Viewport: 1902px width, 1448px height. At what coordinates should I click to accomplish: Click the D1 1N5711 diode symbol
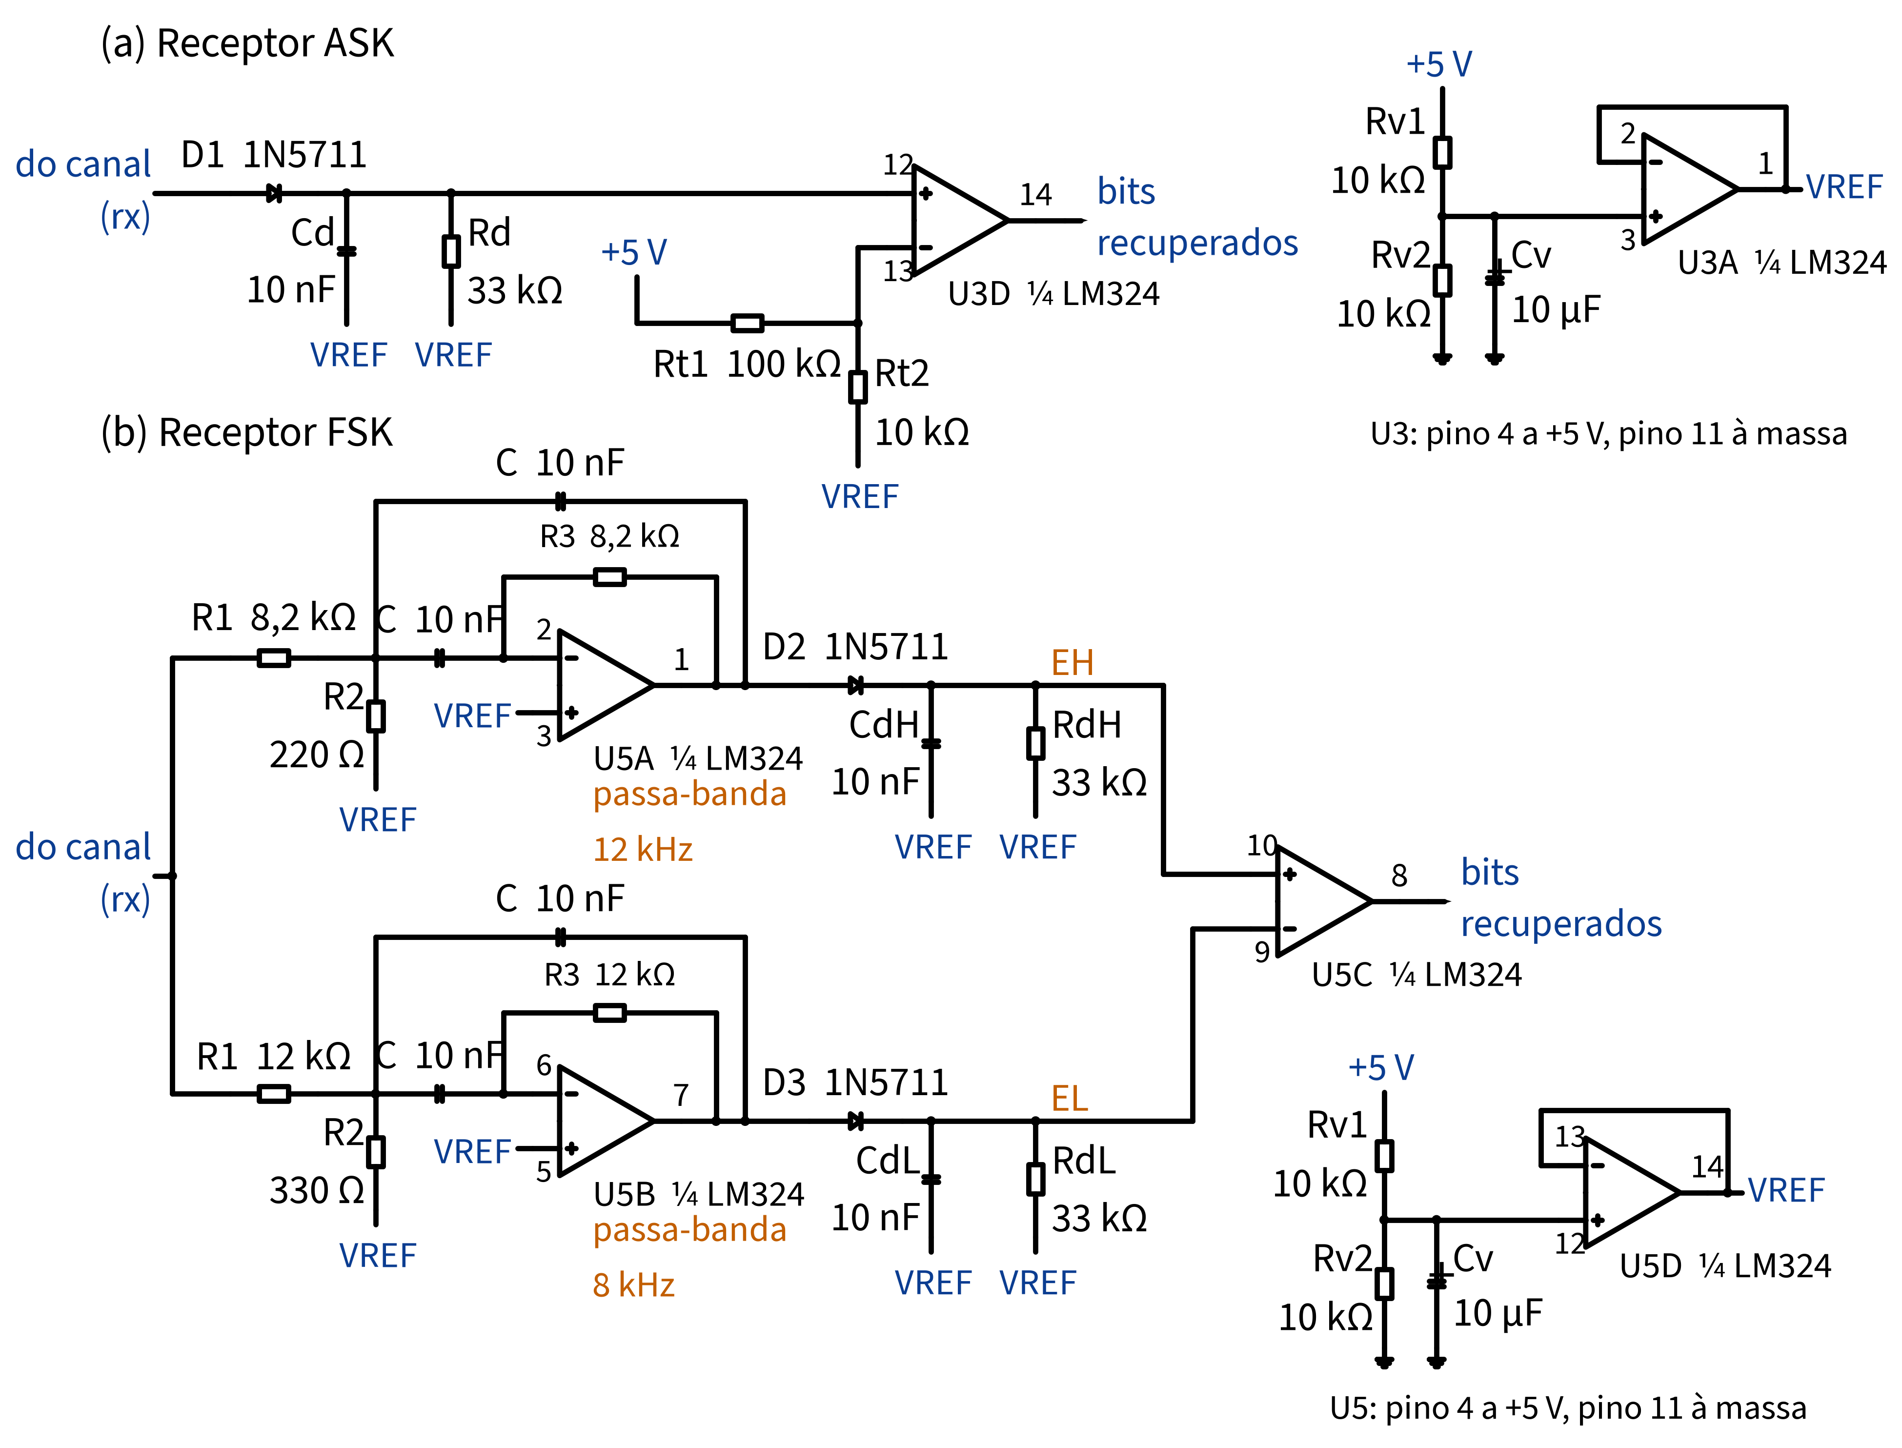(274, 193)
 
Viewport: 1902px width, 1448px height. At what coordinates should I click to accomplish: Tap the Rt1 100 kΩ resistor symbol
(747, 323)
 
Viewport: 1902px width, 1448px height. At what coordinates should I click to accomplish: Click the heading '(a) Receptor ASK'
(247, 43)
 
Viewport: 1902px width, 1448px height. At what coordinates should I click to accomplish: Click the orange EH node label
(1072, 663)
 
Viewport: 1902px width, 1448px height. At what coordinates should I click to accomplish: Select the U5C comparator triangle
(1323, 901)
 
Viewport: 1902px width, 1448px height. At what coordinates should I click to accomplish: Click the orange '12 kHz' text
(643, 850)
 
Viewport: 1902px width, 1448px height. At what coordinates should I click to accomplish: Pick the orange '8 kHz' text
(633, 1285)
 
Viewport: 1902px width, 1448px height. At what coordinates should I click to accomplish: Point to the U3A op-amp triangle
(1689, 189)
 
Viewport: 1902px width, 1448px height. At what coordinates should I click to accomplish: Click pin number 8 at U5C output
(1399, 876)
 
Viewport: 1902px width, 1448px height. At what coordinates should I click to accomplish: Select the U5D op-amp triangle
(1631, 1193)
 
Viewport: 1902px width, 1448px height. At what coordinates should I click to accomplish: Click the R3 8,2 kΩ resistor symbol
(609, 577)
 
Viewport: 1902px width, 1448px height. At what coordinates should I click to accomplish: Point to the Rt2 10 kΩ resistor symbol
(857, 387)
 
